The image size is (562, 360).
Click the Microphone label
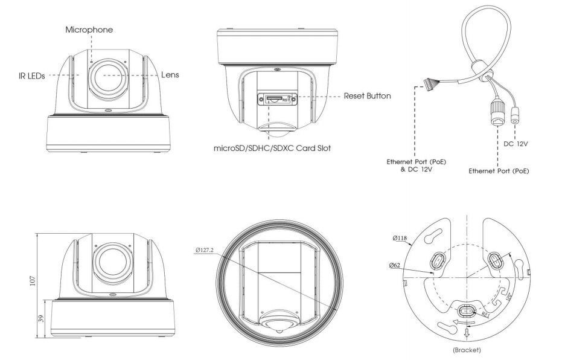click(89, 30)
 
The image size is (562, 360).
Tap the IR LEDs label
click(31, 76)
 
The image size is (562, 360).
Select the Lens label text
click(170, 75)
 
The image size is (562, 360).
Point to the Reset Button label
click(367, 96)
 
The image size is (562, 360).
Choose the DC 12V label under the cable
click(515, 144)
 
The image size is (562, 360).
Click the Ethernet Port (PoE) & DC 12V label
click(412, 166)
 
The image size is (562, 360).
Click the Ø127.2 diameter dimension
click(206, 249)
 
